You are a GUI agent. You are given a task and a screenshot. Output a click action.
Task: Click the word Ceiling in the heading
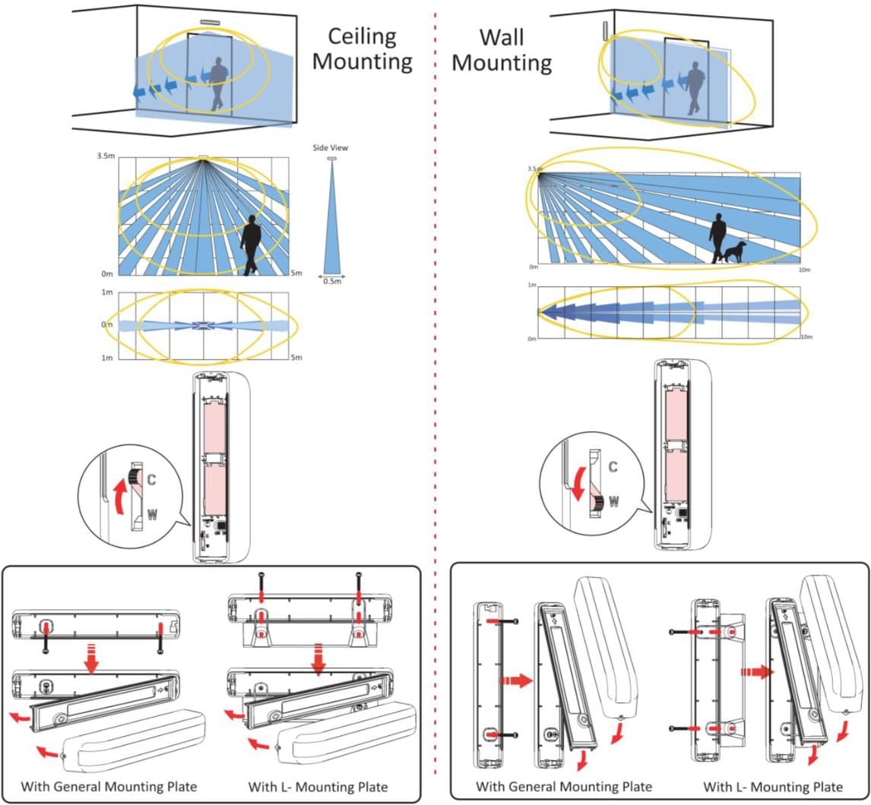[x=362, y=36]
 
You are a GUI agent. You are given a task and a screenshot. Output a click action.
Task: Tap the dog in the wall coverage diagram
[x=735, y=252]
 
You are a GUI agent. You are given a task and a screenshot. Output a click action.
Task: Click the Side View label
[x=330, y=148]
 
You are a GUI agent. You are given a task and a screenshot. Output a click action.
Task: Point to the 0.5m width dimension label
[x=331, y=280]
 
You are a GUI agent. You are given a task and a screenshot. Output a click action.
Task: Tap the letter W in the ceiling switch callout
[x=153, y=515]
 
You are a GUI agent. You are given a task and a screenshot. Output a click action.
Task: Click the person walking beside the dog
[x=717, y=238]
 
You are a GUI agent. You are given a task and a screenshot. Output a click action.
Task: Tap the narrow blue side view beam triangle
[x=331, y=220]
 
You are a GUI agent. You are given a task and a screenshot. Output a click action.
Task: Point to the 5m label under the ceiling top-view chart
[x=296, y=358]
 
